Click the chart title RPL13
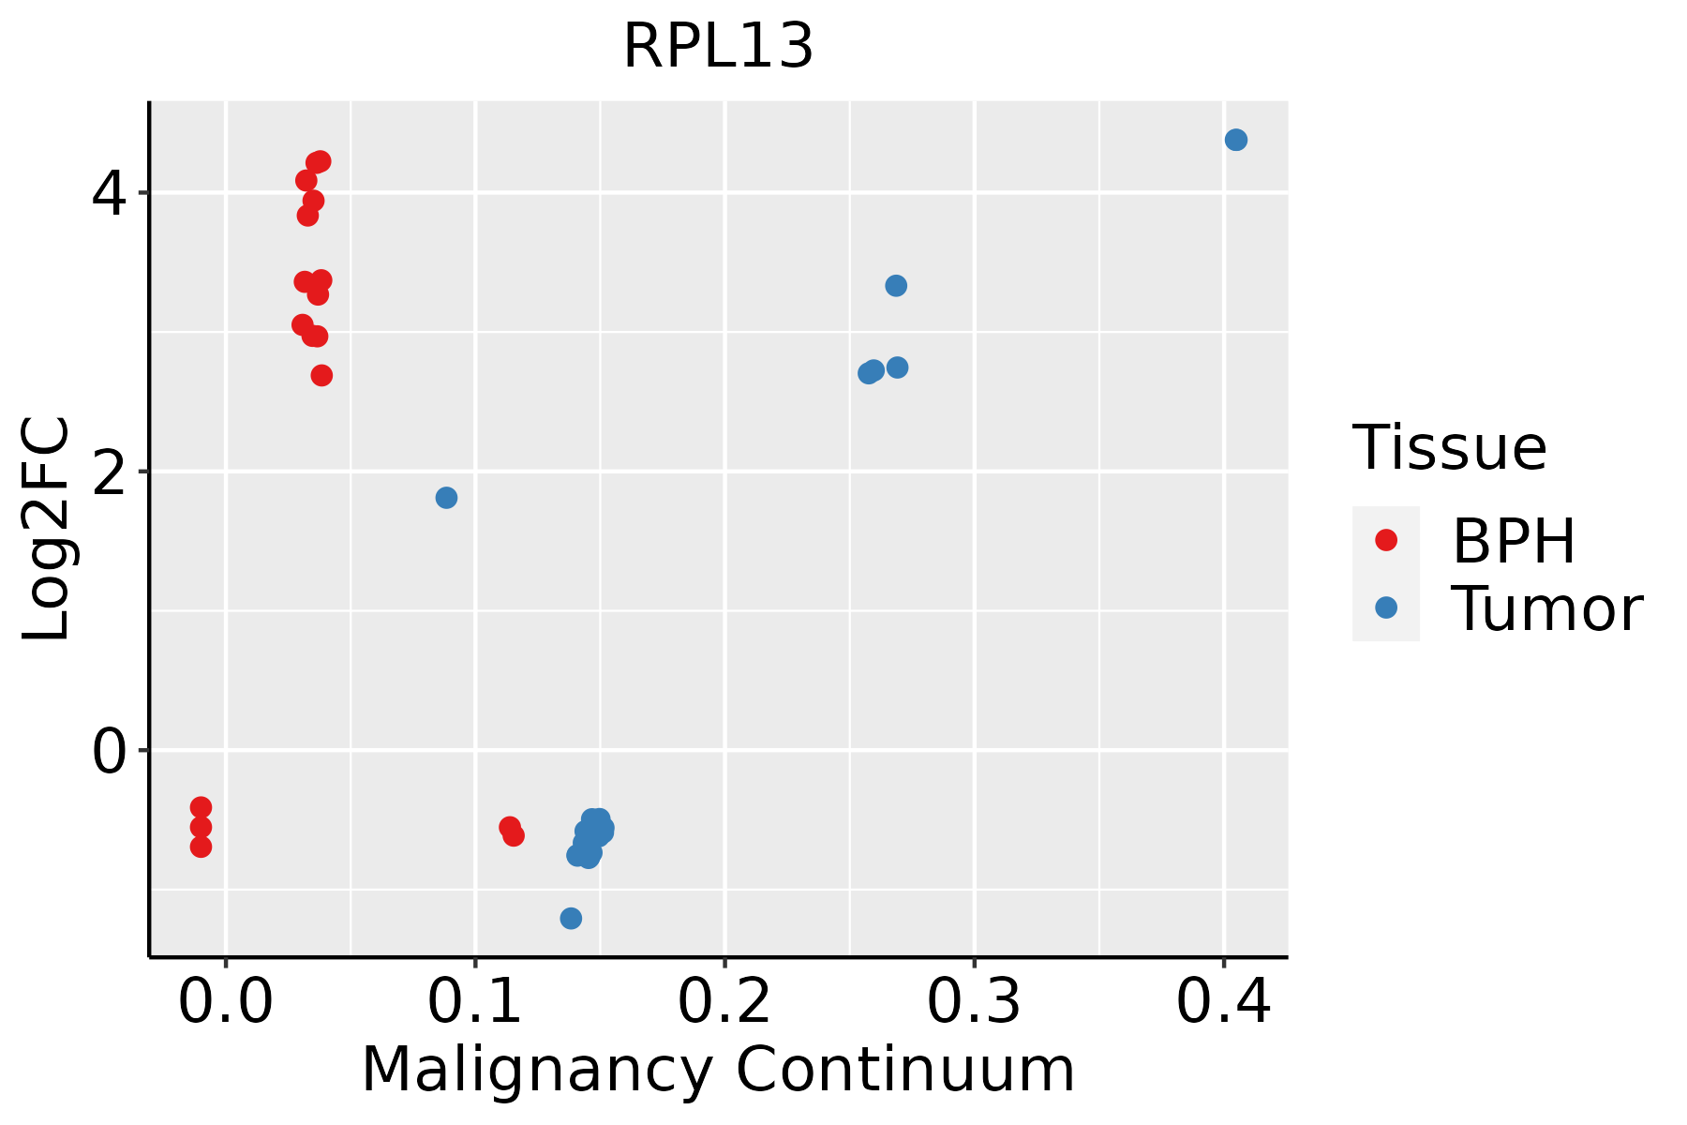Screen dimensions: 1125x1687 tap(718, 46)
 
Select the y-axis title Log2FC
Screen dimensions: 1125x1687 tap(47, 529)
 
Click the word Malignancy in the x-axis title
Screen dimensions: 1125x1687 tap(535, 1070)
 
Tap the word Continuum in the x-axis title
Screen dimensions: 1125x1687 tap(904, 1070)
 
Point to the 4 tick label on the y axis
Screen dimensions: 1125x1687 tap(109, 194)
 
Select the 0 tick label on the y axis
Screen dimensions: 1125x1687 tap(109, 751)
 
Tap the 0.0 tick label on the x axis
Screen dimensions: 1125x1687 tap(226, 1002)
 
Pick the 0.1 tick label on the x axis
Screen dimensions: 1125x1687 tap(475, 1002)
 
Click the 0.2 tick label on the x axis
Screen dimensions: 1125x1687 tap(724, 1002)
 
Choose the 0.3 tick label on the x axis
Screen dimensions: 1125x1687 tap(974, 1002)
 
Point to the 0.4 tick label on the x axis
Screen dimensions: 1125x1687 tap(1223, 1002)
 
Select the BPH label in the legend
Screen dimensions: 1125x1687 tap(1514, 541)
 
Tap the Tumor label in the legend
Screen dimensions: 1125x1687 tap(1546, 609)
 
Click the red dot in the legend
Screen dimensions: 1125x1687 tap(1385, 540)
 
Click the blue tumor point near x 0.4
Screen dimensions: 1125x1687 tap(1235, 141)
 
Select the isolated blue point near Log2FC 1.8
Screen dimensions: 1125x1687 tap(446, 498)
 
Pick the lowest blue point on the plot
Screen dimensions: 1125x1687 tap(571, 918)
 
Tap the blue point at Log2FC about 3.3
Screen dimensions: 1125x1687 tap(896, 286)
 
